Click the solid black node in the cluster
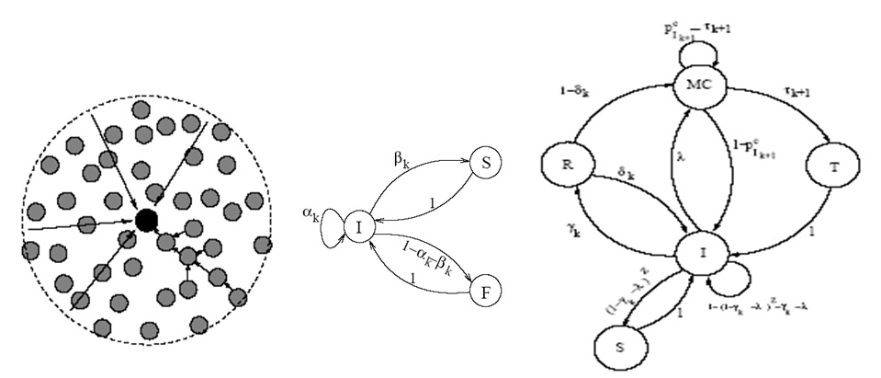145,220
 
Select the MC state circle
699,87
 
